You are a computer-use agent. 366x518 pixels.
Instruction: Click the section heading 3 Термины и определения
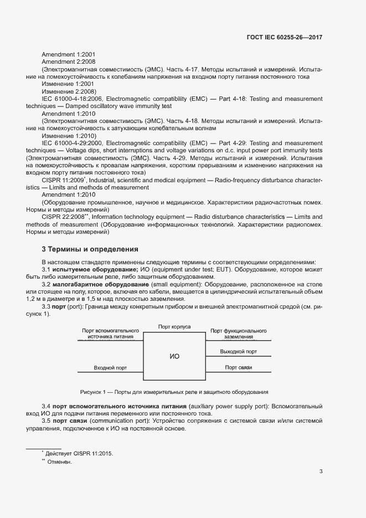point(90,249)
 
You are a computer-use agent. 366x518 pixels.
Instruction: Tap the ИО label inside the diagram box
point(174,356)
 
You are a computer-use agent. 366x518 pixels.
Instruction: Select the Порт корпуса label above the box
point(174,327)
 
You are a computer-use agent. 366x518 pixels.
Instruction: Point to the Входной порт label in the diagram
point(110,367)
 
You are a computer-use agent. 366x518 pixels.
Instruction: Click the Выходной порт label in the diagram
point(238,351)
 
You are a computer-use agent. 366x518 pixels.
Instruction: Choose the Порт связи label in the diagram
point(238,367)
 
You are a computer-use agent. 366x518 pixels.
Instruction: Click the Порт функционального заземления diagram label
point(238,334)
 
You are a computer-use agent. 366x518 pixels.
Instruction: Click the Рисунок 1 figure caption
point(174,392)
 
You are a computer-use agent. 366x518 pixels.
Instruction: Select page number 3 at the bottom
point(321,471)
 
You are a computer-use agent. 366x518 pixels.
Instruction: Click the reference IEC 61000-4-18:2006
point(73,99)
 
